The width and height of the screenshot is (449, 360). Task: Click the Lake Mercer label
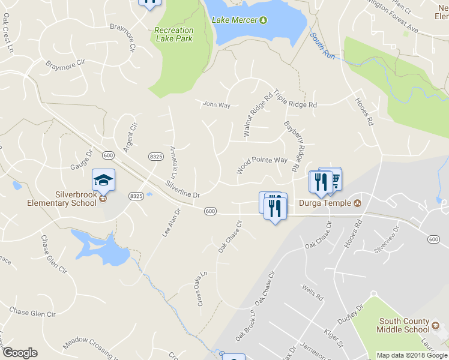tap(235, 20)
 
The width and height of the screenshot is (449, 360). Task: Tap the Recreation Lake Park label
tap(173, 34)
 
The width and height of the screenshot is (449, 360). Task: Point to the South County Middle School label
tap(403, 325)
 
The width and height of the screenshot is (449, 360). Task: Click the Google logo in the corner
tap(20, 353)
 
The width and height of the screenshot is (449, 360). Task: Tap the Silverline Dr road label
tap(182, 190)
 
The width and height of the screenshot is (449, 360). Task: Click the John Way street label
tap(216, 105)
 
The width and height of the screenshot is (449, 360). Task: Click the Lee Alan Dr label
tap(170, 223)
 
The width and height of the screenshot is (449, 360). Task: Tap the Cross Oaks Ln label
tap(202, 289)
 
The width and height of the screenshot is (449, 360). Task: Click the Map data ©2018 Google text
tap(412, 355)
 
